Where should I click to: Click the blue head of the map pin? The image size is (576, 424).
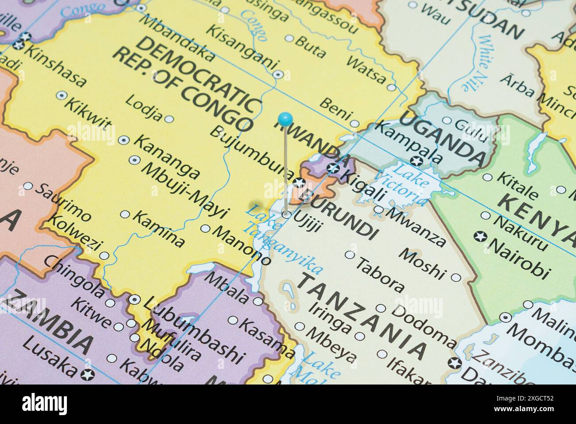pyautogui.click(x=285, y=118)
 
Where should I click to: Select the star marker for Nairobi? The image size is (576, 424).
pyautogui.click(x=479, y=236)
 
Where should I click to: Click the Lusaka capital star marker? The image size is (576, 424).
pyautogui.click(x=89, y=374)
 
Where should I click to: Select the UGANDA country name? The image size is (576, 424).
pyautogui.click(x=443, y=137)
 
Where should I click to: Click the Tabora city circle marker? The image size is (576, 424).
pyautogui.click(x=350, y=255)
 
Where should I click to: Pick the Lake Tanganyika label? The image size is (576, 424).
pyautogui.click(x=284, y=242)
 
